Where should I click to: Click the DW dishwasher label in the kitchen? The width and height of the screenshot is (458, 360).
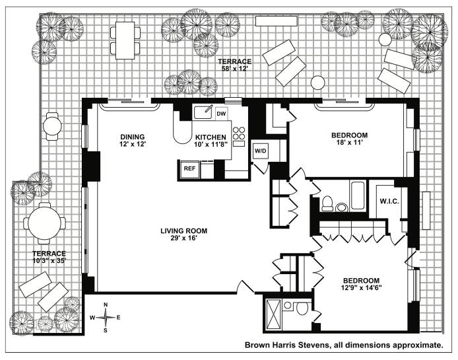pyautogui.click(x=221, y=113)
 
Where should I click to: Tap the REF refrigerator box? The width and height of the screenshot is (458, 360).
pyautogui.click(x=189, y=169)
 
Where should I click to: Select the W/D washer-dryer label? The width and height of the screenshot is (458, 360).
pyautogui.click(x=261, y=150)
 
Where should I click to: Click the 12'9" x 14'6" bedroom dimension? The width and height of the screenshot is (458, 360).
pyautogui.click(x=362, y=288)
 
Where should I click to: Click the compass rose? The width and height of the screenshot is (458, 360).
pyautogui.click(x=106, y=318)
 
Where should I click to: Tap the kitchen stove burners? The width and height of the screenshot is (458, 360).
pyautogui.click(x=240, y=135)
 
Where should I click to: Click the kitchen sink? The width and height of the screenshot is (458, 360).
pyautogui.click(x=203, y=112)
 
